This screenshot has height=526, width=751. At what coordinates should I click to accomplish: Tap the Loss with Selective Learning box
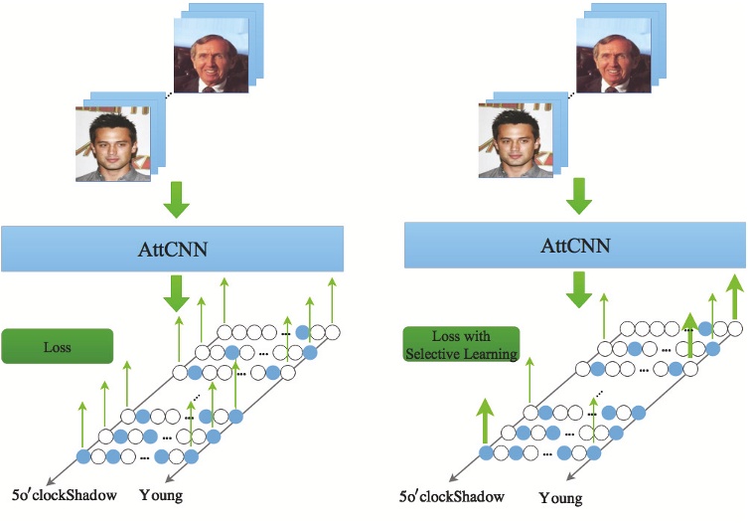(x=461, y=344)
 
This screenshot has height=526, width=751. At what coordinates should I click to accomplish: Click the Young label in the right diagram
(x=560, y=496)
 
